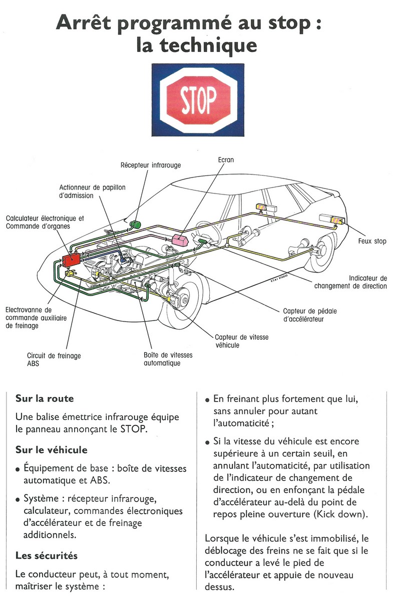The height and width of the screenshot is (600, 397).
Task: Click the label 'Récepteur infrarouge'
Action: tap(151, 165)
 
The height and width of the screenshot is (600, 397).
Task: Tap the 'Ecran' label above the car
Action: tap(226, 160)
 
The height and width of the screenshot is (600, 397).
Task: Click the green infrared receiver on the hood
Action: tap(135, 223)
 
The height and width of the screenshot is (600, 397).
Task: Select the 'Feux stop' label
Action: tap(372, 241)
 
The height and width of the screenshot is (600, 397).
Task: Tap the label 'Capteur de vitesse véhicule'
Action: tap(241, 341)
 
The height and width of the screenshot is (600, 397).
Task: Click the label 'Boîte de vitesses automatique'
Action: tap(167, 359)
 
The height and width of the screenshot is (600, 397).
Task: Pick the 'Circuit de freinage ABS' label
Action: tap(54, 360)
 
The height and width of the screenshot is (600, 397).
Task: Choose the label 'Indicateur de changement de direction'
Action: tap(350, 282)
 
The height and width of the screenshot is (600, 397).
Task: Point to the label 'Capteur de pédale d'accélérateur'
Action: tap(310, 315)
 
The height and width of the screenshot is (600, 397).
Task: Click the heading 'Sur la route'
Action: tap(45, 398)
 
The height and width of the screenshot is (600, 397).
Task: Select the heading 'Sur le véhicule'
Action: tap(52, 449)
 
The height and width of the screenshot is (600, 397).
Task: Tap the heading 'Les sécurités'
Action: tap(47, 555)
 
